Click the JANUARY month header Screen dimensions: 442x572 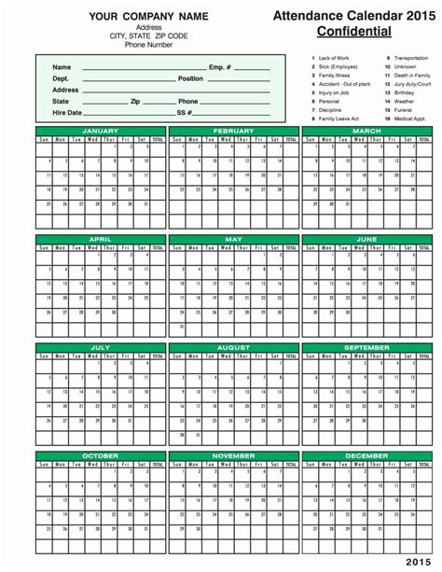point(100,132)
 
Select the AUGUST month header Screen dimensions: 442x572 point(233,347)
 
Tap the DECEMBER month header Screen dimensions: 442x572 point(366,455)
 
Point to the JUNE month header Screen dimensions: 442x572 point(366,239)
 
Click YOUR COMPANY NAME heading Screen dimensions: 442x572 point(135,17)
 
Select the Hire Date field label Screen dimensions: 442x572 point(67,112)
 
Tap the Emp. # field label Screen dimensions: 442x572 point(220,67)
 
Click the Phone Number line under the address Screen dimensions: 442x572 point(135,43)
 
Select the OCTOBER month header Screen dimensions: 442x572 point(100,455)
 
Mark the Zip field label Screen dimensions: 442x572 point(135,101)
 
